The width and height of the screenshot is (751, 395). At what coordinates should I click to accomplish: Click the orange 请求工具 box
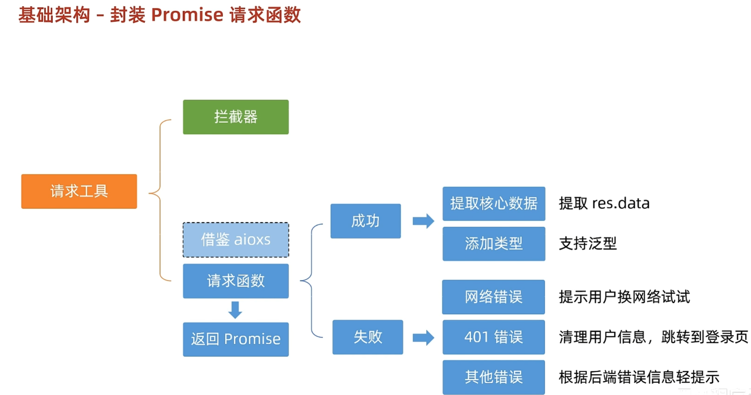point(79,191)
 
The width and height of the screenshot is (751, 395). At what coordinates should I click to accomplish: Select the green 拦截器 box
point(236,117)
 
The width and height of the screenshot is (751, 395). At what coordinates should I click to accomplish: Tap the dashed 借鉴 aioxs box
point(236,240)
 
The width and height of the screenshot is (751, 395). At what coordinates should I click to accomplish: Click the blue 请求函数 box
point(236,281)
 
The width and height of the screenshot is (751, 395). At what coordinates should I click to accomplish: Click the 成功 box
point(366,221)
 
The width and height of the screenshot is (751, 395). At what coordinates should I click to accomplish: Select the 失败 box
point(368,337)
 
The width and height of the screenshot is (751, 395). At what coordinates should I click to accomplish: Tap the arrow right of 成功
point(423,221)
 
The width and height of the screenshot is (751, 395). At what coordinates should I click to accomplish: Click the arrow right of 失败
point(423,337)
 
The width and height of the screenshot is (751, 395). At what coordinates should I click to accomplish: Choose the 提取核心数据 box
point(494,204)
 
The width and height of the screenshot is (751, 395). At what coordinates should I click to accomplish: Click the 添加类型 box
point(494,244)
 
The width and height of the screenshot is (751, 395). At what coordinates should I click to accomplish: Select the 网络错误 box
point(493,297)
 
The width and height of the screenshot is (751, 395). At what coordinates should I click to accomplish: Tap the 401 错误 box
point(493,337)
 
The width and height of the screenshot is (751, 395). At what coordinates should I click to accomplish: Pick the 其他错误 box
point(493,377)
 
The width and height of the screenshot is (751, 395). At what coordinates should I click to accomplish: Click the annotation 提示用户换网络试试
point(624,297)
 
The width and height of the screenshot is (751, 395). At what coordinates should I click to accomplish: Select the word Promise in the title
point(187,15)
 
